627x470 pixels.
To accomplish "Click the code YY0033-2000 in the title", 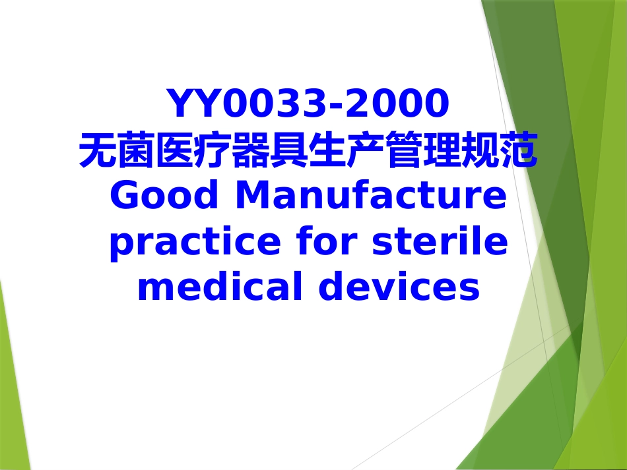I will coord(308,103).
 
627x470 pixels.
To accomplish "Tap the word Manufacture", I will coord(370,196).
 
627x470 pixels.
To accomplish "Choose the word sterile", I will coord(440,242).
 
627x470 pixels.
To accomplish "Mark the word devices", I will coord(399,288).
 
